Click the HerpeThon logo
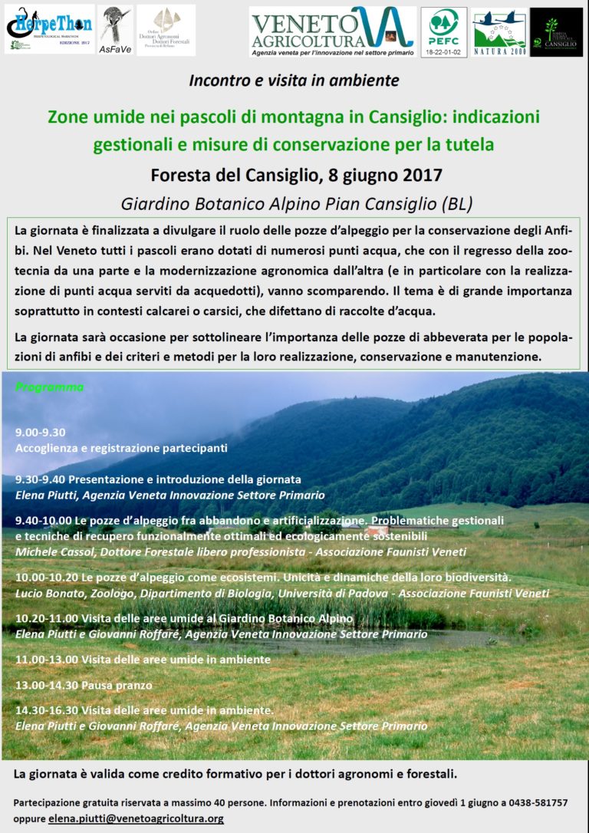click(48, 29)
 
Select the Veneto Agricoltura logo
click(332, 31)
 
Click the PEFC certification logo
click(443, 31)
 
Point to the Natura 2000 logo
click(499, 31)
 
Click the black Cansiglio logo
click(556, 31)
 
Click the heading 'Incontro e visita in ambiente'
click(294, 80)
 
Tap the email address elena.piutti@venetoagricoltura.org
click(136, 818)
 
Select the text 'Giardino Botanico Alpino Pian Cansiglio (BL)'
click(296, 204)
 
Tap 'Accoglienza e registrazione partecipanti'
click(121, 447)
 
